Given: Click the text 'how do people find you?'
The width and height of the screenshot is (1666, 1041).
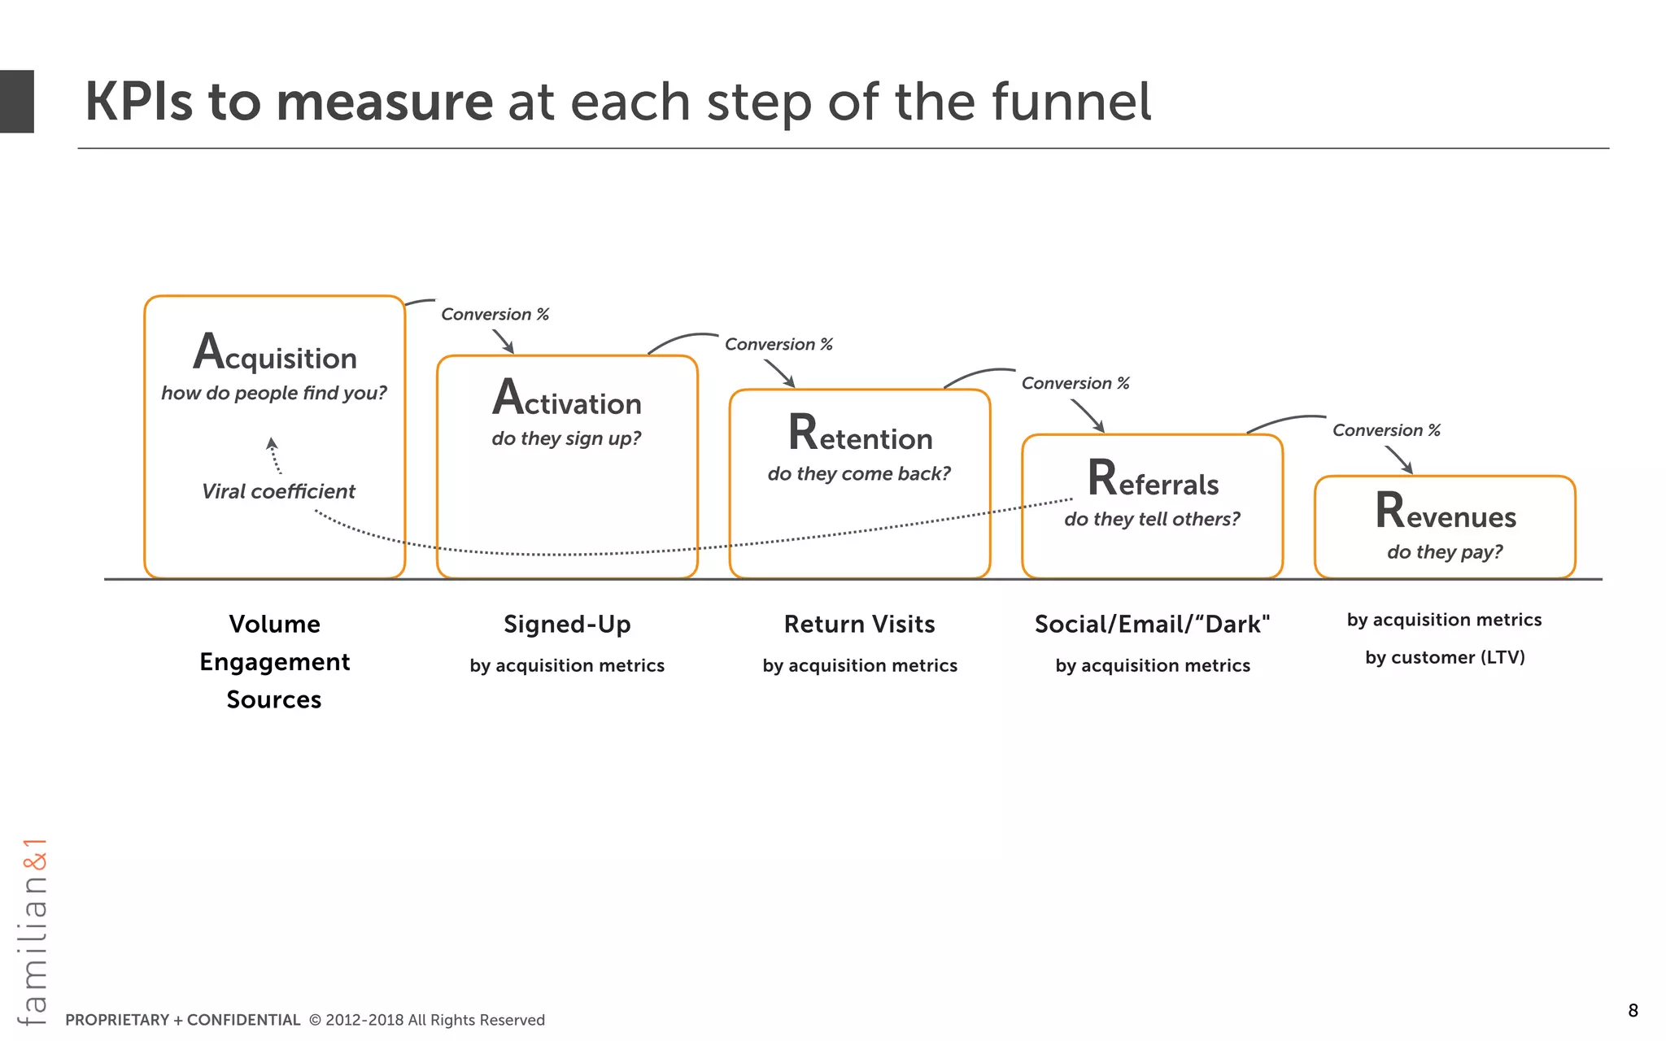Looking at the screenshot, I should tap(274, 393).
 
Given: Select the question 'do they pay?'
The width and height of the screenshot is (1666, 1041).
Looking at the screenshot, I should tap(1445, 552).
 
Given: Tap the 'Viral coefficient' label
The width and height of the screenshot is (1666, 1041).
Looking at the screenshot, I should tap(278, 491).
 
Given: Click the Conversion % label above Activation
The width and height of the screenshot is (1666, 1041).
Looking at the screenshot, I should tap(495, 314).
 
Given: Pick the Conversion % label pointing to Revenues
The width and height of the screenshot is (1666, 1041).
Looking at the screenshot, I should tap(1386, 430).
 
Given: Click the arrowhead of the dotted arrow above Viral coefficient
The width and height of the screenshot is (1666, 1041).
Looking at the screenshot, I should tap(272, 443).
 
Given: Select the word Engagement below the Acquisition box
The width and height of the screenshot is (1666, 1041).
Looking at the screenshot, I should tap(275, 662).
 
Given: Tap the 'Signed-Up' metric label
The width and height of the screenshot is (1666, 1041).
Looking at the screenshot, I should tap(567, 624).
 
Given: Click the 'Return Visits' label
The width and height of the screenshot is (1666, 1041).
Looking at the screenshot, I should tap(859, 624).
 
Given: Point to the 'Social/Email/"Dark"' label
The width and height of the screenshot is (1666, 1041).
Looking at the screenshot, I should tap(1152, 624).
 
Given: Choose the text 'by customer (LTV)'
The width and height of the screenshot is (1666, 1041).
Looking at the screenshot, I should tap(1445, 657).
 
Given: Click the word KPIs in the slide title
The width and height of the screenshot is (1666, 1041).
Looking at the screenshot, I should tap(138, 102).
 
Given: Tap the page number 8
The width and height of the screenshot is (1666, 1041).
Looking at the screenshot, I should tap(1633, 1011).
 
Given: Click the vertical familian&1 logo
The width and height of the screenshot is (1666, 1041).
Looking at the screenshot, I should tap(33, 931).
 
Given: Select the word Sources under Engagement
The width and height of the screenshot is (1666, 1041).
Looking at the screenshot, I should tap(274, 699).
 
